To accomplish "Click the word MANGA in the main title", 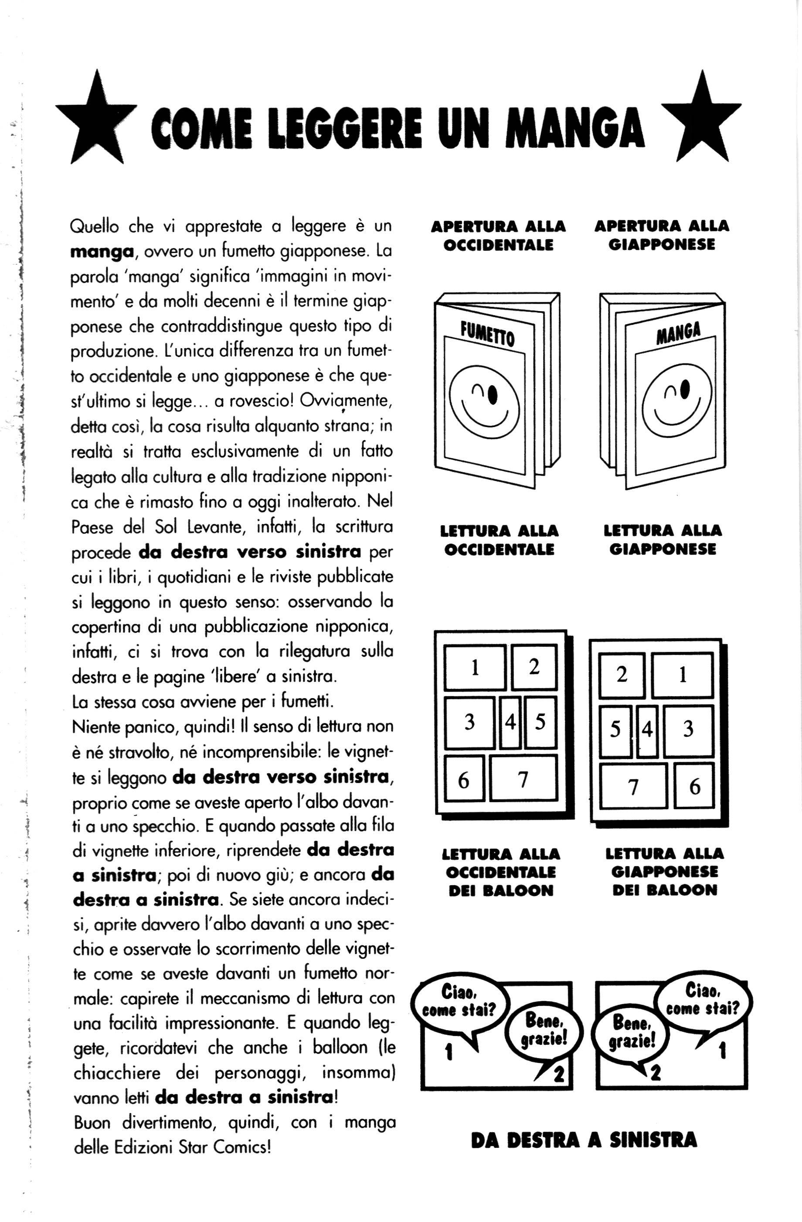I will pyautogui.click(x=574, y=127).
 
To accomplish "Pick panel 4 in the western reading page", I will pyautogui.click(x=510, y=722).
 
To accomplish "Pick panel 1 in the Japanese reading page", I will pyautogui.click(x=682, y=674).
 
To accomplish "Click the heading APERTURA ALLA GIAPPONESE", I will pyautogui.click(x=661, y=235).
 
